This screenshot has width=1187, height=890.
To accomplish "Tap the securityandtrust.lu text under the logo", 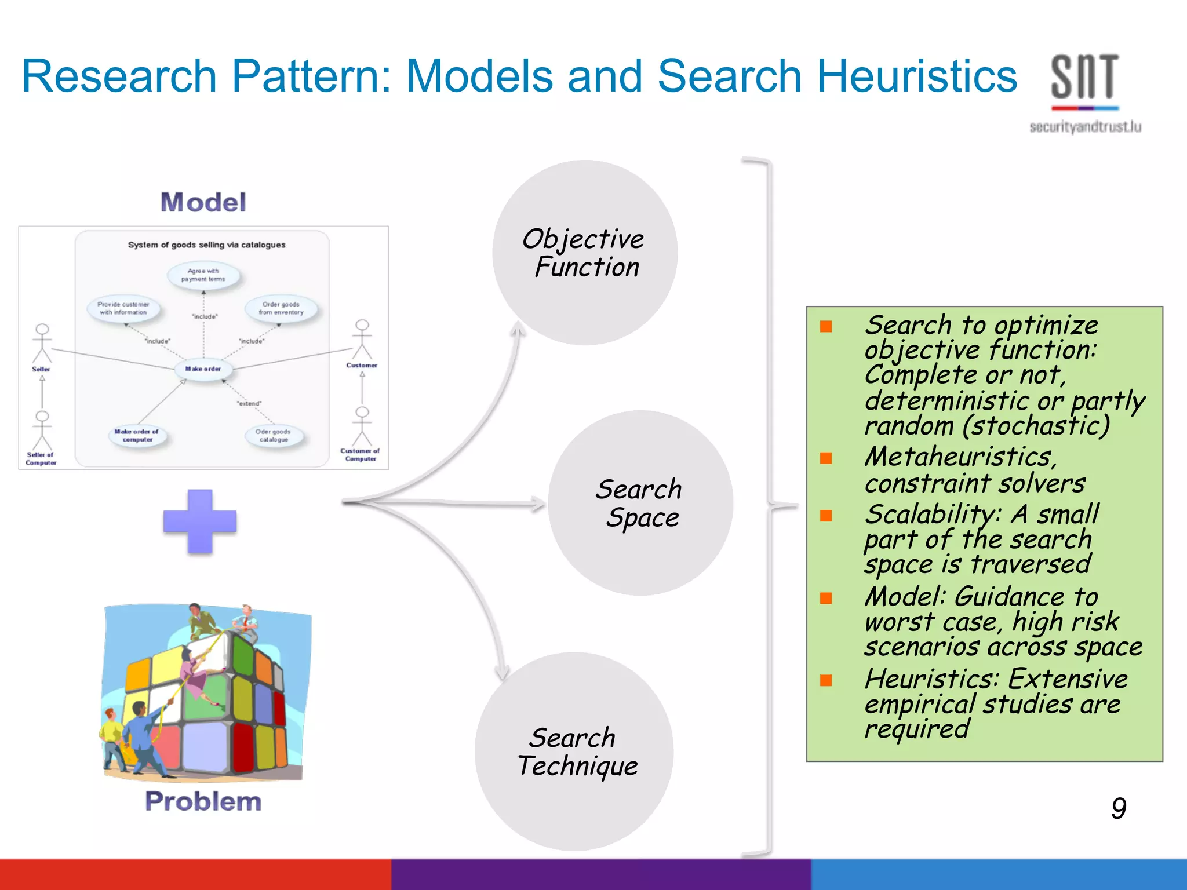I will pyautogui.click(x=1085, y=127).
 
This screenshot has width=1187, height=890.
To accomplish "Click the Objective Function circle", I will pyautogui.click(x=584, y=253).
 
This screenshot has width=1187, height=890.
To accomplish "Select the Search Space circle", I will pyautogui.click(x=640, y=503).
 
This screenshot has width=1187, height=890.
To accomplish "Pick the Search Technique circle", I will pyautogui.click(x=574, y=752).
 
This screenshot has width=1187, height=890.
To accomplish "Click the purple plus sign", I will pyautogui.click(x=200, y=521).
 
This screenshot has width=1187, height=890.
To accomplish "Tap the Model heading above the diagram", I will pyautogui.click(x=203, y=202).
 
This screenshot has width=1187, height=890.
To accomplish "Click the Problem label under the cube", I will pyautogui.click(x=203, y=801).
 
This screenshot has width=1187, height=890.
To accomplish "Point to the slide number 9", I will pyautogui.click(x=1119, y=808).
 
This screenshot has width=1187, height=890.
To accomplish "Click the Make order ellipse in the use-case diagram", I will pyautogui.click(x=203, y=369).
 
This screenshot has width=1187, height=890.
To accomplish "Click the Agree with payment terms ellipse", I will pyautogui.click(x=203, y=275).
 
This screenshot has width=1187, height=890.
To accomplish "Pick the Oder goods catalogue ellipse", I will pyautogui.click(x=274, y=436).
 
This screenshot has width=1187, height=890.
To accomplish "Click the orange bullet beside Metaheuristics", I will pyautogui.click(x=826, y=458).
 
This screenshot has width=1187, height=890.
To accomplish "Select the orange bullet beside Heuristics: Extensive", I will pyautogui.click(x=826, y=680).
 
